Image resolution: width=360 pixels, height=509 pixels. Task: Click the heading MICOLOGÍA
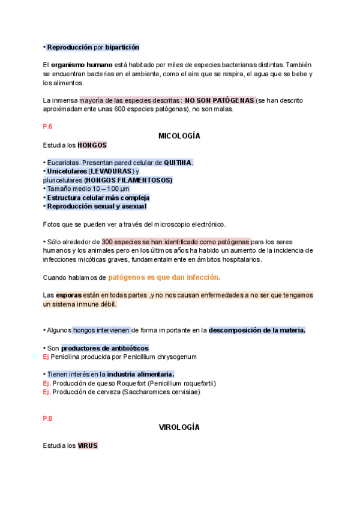click(x=179, y=136)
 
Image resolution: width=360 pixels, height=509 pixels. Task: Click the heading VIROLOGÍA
click(x=179, y=427)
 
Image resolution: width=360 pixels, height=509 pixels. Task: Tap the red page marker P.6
click(x=48, y=127)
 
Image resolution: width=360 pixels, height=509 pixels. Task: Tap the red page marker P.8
click(x=48, y=418)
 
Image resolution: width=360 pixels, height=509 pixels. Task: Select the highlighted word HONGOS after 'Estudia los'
click(x=92, y=145)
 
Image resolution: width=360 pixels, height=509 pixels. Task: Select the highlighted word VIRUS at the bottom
click(x=88, y=446)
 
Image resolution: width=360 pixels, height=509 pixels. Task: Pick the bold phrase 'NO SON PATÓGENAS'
click(x=220, y=100)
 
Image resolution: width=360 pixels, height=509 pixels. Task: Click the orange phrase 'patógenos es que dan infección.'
click(x=164, y=277)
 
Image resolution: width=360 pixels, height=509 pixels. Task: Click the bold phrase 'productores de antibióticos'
click(x=105, y=348)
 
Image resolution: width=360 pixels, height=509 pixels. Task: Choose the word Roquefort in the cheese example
click(x=130, y=383)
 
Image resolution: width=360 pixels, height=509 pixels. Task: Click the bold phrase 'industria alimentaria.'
click(x=140, y=375)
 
